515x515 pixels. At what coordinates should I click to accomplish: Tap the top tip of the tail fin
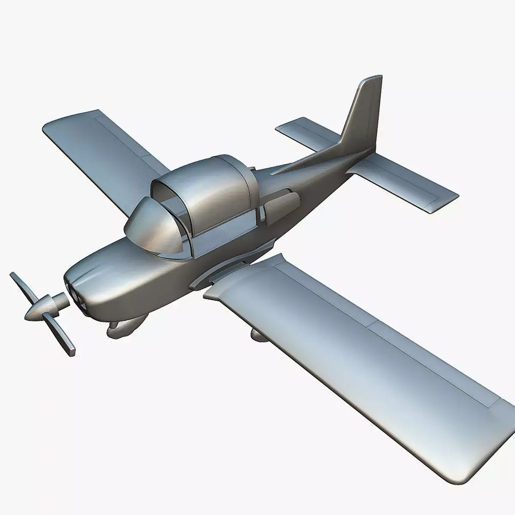pyautogui.click(x=372, y=80)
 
